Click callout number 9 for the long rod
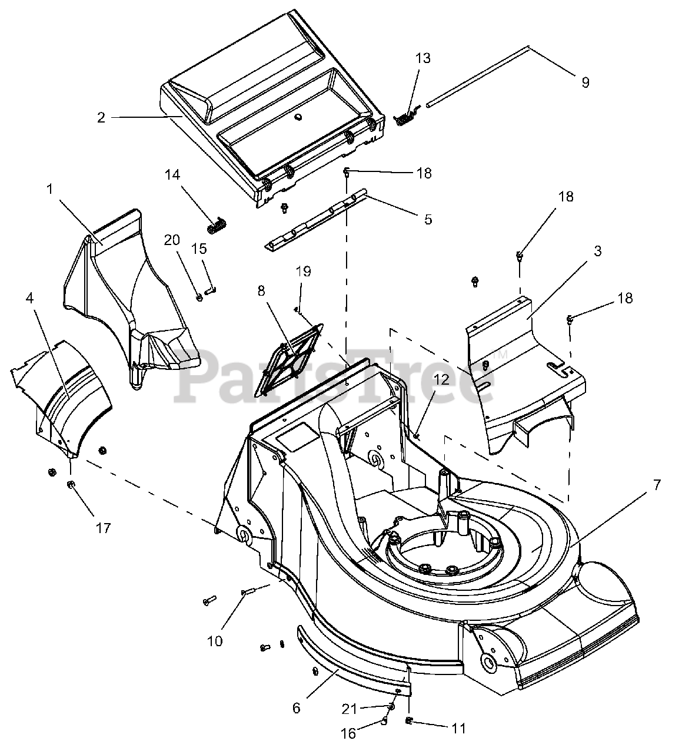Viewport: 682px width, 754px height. point(585,82)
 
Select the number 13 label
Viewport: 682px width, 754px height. point(422,58)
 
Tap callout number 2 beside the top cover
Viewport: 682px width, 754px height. point(101,118)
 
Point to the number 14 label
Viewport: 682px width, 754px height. point(172,175)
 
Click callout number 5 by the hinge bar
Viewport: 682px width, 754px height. point(428,219)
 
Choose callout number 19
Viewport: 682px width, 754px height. point(304,271)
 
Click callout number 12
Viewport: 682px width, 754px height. point(441,379)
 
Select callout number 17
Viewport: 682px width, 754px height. point(104,528)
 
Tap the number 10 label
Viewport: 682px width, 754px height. point(215,641)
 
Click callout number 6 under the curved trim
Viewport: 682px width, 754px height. point(297,709)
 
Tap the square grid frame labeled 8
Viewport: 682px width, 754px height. point(289,359)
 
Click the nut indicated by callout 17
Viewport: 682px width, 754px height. point(70,484)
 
